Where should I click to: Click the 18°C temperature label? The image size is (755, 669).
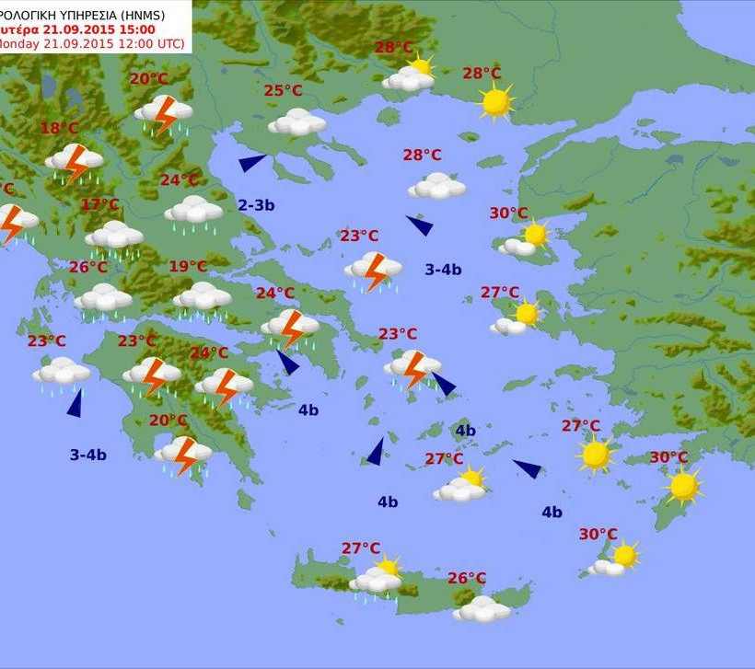(59, 128)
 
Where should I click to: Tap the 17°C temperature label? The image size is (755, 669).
(99, 204)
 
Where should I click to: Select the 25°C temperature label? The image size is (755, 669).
(283, 90)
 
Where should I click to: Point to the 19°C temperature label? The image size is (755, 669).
(188, 267)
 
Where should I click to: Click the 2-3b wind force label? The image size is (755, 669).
(256, 205)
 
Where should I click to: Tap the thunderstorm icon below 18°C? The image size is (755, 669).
(74, 162)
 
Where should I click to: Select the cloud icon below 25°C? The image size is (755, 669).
(296, 121)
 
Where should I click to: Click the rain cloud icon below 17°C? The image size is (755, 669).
(114, 237)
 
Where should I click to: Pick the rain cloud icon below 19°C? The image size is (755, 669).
(202, 297)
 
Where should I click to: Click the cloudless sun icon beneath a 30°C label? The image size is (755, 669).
(683, 486)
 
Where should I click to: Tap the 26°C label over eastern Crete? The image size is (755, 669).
(467, 578)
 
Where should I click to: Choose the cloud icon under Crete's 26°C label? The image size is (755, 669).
(482, 608)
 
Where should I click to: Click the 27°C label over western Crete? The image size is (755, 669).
(361, 548)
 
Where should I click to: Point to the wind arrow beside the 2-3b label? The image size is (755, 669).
(251, 163)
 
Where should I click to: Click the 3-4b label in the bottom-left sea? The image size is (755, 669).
(88, 455)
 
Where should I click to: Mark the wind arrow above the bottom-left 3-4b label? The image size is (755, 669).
(75, 402)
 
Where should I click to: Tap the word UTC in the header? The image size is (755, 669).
(168, 43)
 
